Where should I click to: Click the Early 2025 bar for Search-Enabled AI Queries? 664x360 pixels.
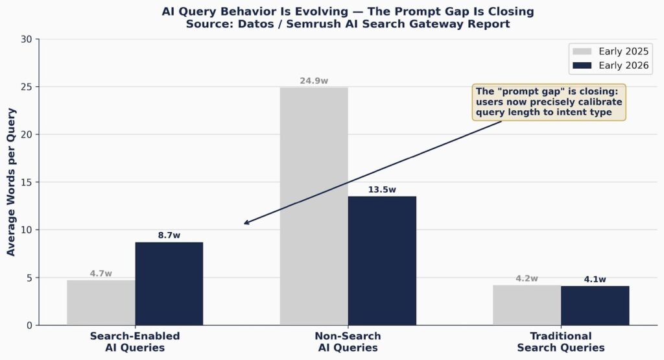101,302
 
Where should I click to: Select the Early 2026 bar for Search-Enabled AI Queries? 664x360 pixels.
169,283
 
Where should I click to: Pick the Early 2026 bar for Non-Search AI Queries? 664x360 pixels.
382,260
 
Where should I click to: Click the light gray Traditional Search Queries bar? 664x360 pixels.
527,305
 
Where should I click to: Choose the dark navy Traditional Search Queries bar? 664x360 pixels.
595,306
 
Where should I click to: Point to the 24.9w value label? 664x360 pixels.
314,81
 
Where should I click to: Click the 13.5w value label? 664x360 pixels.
382,190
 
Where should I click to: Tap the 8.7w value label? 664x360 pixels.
169,235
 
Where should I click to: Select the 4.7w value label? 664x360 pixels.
101,274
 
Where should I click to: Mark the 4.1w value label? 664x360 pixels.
595,280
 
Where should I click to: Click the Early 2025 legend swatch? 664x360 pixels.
582,51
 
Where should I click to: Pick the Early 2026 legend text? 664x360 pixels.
624,66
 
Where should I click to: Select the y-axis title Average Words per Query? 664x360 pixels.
11,182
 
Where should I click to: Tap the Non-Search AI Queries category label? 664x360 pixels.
348,342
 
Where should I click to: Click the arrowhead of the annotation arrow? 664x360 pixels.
246,224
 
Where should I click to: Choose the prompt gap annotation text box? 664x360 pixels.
549,102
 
